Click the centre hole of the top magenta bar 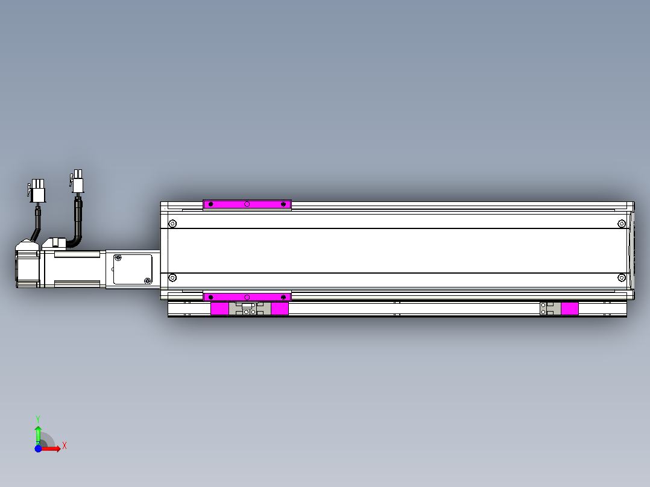coord(247,204)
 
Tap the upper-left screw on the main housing coord(172,224)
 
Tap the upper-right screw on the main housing coord(622,224)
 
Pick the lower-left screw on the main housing coord(172,278)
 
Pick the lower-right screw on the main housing coord(622,278)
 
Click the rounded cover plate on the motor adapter coord(133,269)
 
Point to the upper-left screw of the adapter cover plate coord(118,259)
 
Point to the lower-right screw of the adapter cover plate coord(148,281)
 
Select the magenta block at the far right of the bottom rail coord(570,309)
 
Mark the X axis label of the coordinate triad coord(65,446)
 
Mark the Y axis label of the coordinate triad coord(37,418)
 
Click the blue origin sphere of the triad coord(38,448)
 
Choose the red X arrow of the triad coord(51,448)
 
